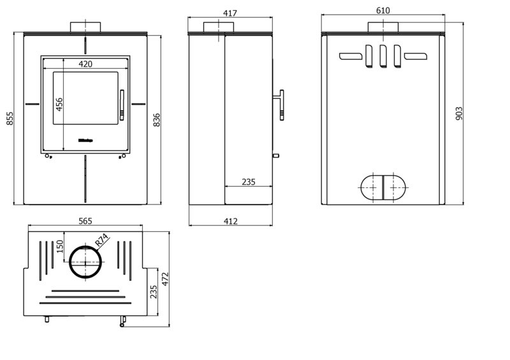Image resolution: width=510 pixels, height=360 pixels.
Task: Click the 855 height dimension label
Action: tap(10, 119)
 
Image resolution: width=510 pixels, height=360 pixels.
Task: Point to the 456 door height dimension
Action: tap(59, 104)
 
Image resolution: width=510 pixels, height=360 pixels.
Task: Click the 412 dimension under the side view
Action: tap(231, 221)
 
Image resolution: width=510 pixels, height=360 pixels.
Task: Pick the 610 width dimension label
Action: tap(382, 10)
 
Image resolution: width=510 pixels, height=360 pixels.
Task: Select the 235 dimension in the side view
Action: tap(249, 182)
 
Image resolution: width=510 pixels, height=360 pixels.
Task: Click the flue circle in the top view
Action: tap(85, 262)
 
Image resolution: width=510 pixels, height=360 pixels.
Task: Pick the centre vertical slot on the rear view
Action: tap(382, 55)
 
